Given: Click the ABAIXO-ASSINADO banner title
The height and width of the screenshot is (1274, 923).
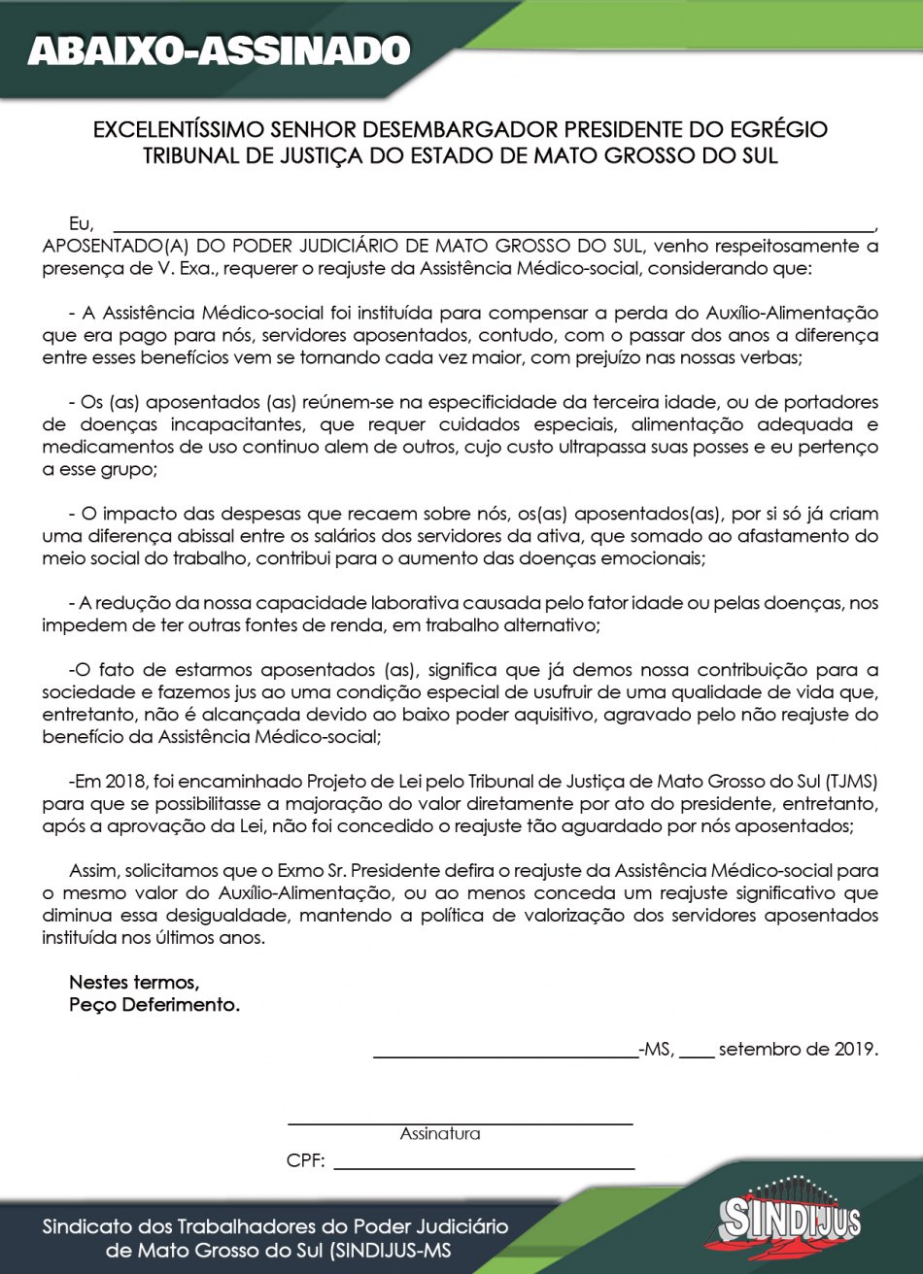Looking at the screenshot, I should [219, 50].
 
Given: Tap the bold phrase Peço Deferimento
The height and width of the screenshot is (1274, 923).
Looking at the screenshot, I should [154, 1005].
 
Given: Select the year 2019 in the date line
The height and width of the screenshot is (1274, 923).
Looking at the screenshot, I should [853, 1049].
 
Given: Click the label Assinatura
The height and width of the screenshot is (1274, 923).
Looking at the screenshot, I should [439, 1133].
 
